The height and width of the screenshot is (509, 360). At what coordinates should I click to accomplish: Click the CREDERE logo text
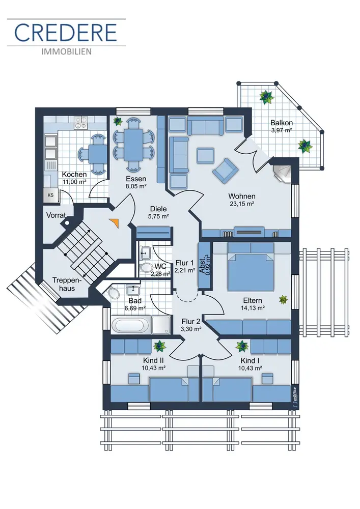click(66, 33)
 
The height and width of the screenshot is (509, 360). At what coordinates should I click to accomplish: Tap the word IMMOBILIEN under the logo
click(66, 51)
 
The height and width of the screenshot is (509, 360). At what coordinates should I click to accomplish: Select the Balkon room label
click(282, 123)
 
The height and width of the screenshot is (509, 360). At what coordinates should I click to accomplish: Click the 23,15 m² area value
click(241, 204)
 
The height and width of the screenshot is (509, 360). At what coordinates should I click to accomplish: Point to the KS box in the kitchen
click(50, 195)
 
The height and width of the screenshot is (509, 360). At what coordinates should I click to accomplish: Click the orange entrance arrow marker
click(115, 223)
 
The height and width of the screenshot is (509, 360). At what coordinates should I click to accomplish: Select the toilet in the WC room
click(147, 268)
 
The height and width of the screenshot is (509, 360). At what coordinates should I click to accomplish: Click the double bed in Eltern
click(251, 267)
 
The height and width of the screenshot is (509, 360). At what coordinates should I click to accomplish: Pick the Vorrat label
click(56, 215)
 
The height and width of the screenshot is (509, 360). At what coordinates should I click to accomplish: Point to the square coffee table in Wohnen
click(206, 155)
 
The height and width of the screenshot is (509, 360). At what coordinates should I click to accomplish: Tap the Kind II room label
click(153, 361)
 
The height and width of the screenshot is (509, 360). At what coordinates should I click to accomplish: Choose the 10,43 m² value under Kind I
click(250, 368)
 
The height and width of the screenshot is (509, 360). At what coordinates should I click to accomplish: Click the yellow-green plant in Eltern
click(284, 300)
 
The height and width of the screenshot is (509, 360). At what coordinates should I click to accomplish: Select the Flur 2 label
click(191, 321)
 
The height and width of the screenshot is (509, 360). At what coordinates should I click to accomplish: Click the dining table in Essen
click(133, 145)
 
